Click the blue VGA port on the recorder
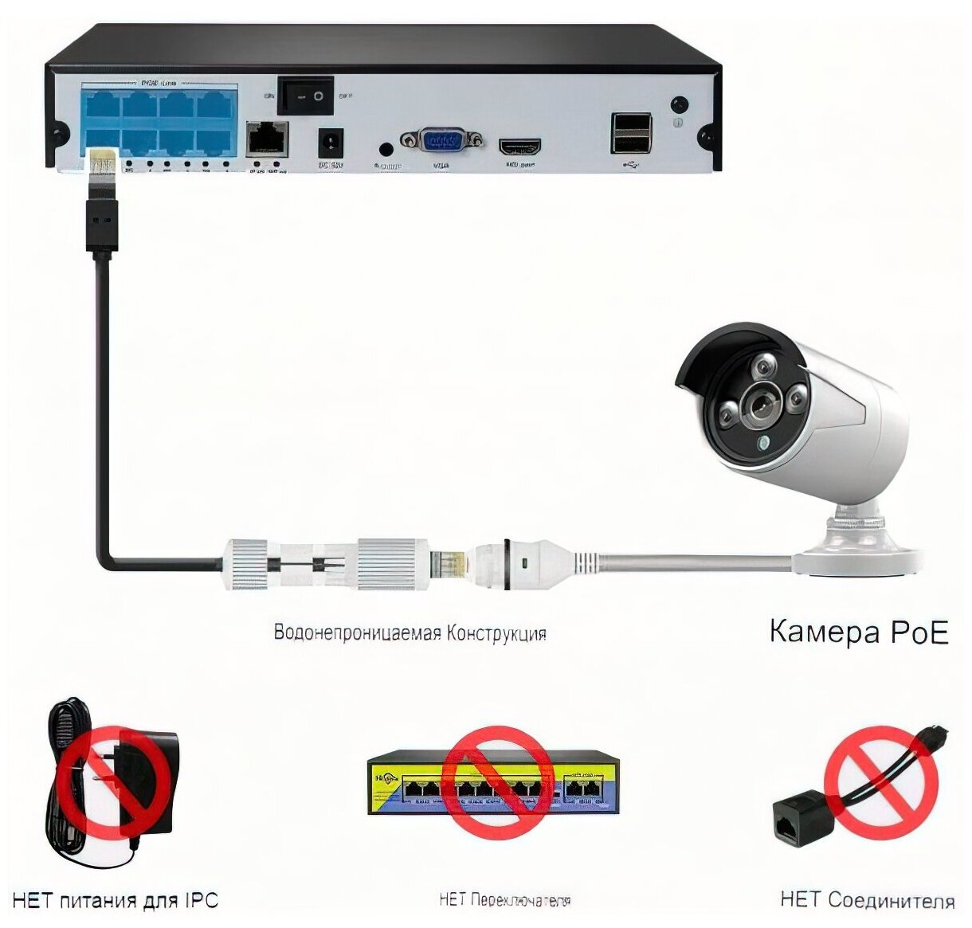(442, 141)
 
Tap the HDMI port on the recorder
(519, 147)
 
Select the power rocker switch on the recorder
(305, 96)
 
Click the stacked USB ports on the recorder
(631, 132)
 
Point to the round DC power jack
(330, 144)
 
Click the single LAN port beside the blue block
(267, 139)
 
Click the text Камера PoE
(859, 632)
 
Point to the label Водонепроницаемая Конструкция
(410, 633)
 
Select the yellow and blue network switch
(494, 785)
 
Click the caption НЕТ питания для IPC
(116, 901)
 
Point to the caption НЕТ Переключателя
(504, 901)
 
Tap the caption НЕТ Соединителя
(868, 901)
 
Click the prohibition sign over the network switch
(497, 781)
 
